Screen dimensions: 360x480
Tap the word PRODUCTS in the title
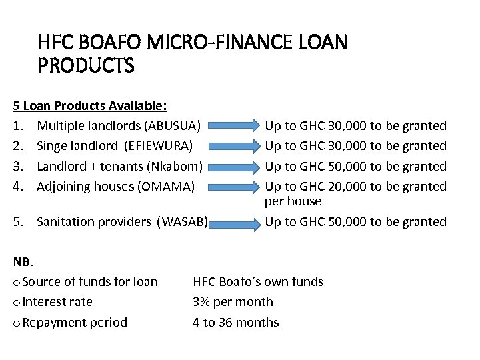[x=87, y=66]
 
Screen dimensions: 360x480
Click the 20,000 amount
[x=346, y=186]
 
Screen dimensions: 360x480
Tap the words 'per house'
[x=293, y=201]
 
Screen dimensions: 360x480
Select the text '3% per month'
[x=233, y=301]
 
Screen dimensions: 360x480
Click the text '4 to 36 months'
[x=235, y=322]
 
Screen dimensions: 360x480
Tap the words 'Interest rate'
[x=57, y=301]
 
